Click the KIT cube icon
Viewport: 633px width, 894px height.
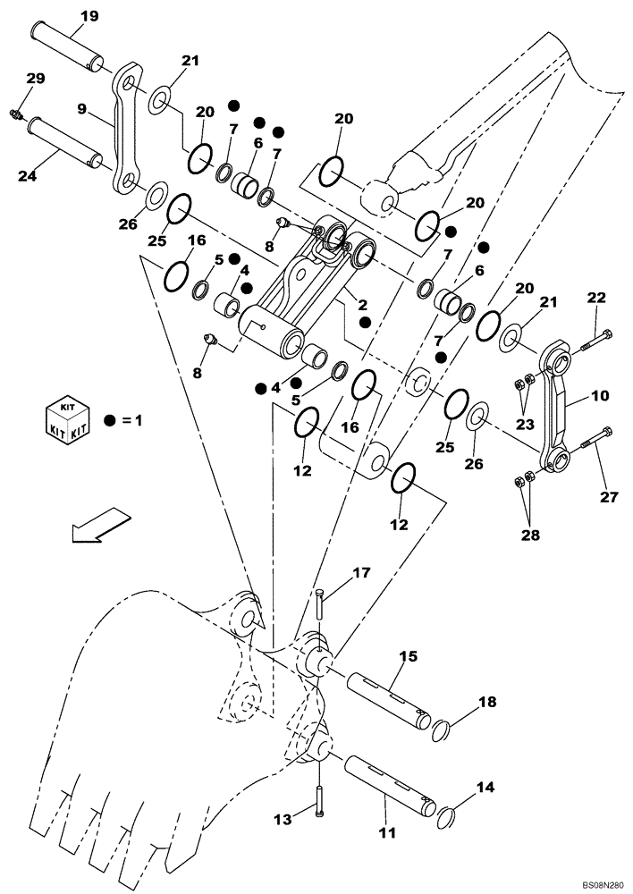68,418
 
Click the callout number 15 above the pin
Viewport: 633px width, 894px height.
408,656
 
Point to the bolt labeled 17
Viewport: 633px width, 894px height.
319,603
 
